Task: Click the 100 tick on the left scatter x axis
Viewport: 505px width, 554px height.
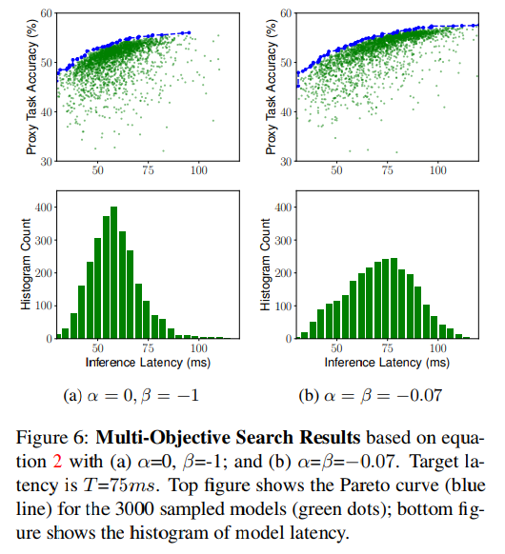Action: tap(199, 169)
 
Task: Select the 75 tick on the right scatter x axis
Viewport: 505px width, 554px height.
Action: tap(387, 169)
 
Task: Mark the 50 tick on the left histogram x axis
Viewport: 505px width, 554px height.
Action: tap(98, 348)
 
